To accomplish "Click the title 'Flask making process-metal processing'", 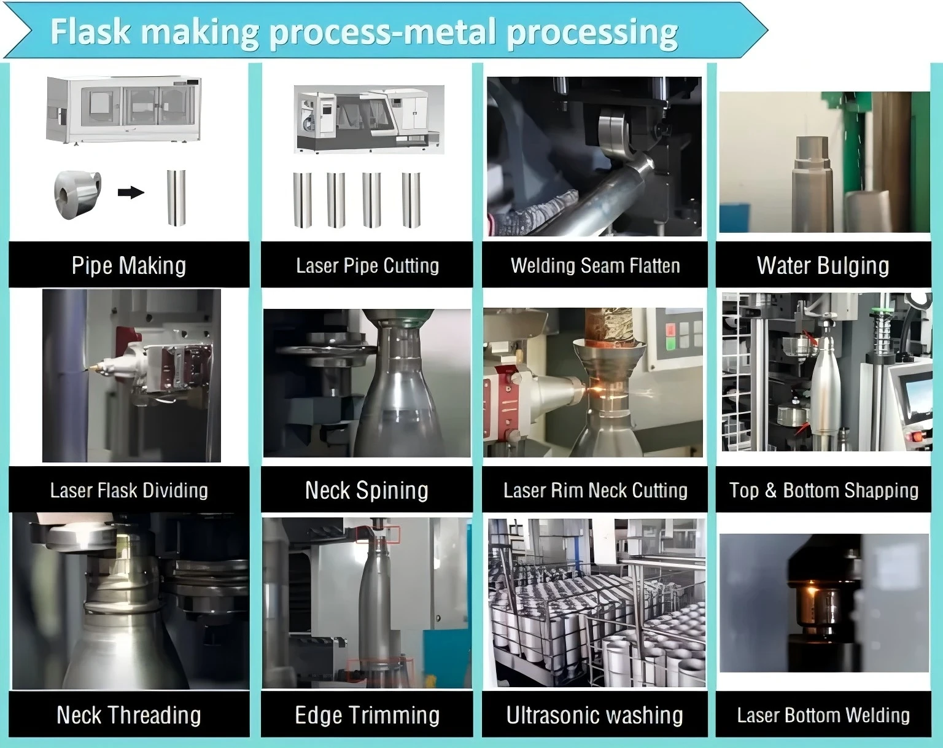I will point(363,32).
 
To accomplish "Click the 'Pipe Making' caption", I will point(129,265).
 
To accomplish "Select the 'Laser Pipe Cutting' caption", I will point(367,265).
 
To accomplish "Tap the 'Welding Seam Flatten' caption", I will point(595,265).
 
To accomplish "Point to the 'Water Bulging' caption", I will point(823,265).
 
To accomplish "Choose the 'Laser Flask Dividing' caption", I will point(129,490).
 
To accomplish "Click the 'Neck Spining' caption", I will point(367,490).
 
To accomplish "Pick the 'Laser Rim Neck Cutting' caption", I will point(595,490).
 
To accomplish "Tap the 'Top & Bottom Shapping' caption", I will point(823,490).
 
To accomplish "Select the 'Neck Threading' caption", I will point(129,715).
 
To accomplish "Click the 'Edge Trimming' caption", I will point(367,715).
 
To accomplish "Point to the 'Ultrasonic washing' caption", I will point(595,715).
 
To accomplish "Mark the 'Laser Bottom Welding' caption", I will point(823,715).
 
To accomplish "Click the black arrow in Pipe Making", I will point(131,193).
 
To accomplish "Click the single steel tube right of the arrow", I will point(176,197).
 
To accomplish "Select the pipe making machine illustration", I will point(124,109).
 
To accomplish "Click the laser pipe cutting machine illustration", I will point(368,119).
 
